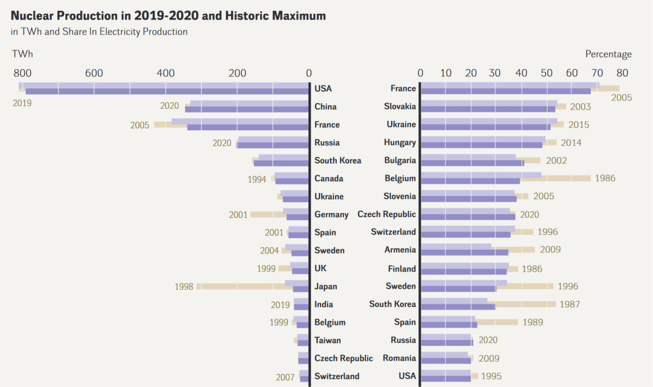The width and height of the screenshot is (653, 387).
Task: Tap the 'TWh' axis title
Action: point(22,54)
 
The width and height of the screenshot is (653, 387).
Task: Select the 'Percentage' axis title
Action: point(608,54)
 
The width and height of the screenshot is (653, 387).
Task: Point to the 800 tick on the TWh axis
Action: point(22,73)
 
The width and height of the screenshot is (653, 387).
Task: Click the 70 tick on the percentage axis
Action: point(597,73)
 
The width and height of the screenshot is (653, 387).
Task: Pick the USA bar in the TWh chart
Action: point(166,89)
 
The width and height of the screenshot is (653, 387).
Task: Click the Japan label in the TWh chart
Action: point(326,287)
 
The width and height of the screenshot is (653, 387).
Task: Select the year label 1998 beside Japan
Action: point(184,287)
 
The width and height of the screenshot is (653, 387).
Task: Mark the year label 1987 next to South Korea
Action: point(570,304)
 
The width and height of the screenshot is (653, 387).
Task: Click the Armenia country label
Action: point(400,250)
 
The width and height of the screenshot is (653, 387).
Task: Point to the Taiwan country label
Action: point(327,340)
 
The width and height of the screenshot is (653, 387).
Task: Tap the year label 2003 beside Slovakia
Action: point(580,107)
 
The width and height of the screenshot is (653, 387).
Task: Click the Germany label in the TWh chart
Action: point(331,215)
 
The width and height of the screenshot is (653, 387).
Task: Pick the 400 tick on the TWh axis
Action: point(166,73)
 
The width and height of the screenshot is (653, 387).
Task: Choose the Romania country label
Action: point(399,358)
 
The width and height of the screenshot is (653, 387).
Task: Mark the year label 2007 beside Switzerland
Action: point(285,377)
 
